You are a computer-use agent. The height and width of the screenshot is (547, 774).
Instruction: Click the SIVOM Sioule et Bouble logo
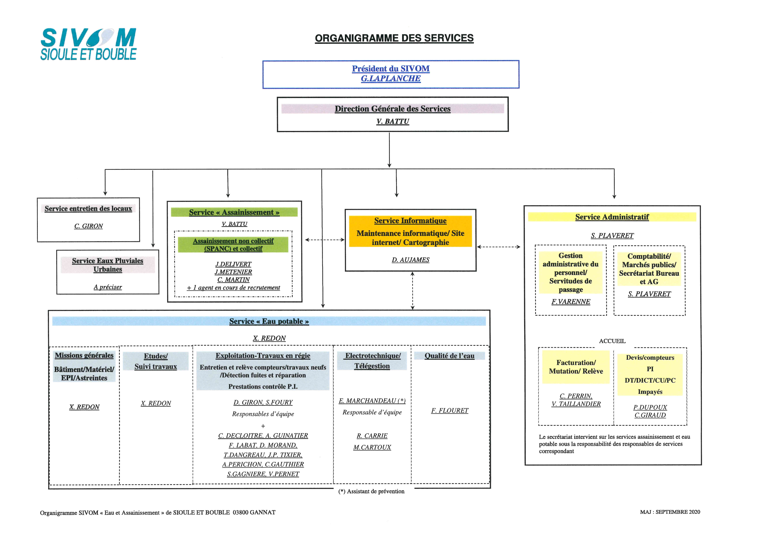click(x=88, y=44)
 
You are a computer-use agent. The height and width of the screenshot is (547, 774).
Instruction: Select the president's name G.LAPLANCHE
click(x=391, y=79)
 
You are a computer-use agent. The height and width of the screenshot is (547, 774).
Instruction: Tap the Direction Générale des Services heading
click(x=392, y=109)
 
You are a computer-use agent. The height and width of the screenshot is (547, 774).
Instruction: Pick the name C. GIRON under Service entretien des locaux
click(x=88, y=226)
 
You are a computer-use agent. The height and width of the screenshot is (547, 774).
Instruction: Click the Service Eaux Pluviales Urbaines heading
click(x=108, y=265)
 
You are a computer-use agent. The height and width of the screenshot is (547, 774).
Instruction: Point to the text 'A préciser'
click(x=108, y=287)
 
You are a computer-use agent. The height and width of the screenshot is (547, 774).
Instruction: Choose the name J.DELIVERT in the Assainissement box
click(x=233, y=264)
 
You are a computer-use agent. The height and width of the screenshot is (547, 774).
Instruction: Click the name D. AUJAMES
click(x=411, y=260)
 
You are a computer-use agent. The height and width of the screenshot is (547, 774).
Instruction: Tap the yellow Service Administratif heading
click(x=612, y=217)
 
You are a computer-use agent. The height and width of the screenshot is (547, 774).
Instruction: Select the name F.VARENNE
click(x=571, y=301)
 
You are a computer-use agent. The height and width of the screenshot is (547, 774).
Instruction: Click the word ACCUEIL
click(x=612, y=341)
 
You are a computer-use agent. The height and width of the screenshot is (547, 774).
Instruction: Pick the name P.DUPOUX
click(x=650, y=407)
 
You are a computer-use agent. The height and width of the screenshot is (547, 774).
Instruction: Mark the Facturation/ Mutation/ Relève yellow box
click(x=576, y=367)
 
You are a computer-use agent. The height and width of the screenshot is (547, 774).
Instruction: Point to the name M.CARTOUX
click(x=372, y=447)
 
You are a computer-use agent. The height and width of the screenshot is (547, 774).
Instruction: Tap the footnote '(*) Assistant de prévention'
click(x=371, y=491)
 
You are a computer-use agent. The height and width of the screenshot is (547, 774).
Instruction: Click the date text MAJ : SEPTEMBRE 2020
click(x=670, y=512)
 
